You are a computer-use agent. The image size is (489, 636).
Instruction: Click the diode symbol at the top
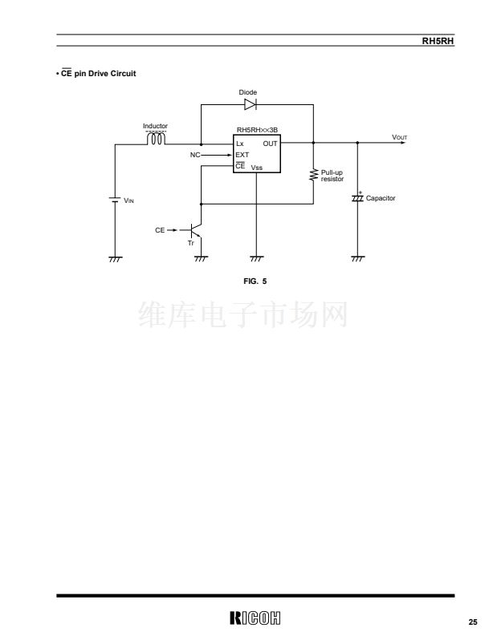click(251, 104)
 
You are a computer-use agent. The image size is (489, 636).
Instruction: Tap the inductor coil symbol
click(156, 139)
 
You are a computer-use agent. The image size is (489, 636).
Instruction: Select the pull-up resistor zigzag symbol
click(313, 175)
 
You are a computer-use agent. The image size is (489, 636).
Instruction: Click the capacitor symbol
click(357, 197)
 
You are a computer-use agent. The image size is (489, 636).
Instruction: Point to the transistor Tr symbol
click(197, 230)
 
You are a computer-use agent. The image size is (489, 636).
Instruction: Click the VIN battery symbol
click(115, 200)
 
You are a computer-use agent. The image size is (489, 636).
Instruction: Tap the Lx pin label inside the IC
click(240, 144)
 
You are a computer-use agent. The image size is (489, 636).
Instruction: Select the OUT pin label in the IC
click(270, 144)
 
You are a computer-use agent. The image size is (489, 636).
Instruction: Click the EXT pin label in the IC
click(242, 155)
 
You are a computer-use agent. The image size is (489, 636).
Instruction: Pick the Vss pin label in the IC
click(257, 168)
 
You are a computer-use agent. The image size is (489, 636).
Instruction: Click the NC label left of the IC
click(195, 155)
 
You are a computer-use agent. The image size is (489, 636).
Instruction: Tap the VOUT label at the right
click(399, 137)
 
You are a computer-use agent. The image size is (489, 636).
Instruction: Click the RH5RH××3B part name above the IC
click(257, 130)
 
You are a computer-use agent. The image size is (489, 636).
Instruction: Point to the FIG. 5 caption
click(255, 281)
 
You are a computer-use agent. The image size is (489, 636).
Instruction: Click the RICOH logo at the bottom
click(255, 618)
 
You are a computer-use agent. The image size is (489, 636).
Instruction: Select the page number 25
click(473, 622)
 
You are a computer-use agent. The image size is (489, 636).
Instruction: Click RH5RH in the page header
click(438, 41)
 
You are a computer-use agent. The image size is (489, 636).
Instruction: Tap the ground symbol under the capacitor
click(357, 258)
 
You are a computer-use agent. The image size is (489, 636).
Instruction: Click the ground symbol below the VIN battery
click(115, 259)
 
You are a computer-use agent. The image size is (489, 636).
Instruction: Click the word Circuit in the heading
click(123, 74)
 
